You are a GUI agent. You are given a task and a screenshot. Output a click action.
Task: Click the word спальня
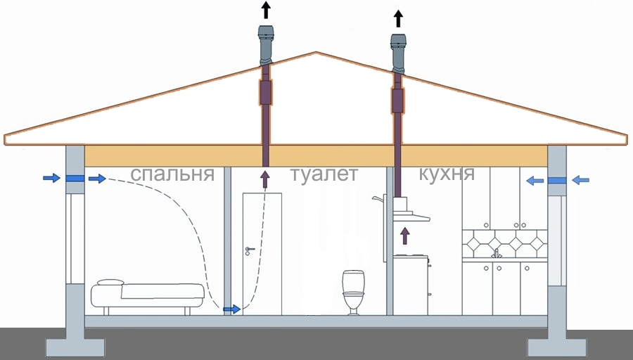(x=172, y=174)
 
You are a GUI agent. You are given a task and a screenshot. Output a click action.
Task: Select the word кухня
(x=446, y=174)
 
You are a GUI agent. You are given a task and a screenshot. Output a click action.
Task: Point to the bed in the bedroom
(x=147, y=295)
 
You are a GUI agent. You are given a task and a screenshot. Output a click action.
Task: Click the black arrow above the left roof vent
(x=266, y=11)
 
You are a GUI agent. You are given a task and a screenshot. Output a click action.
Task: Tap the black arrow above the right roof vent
(x=399, y=18)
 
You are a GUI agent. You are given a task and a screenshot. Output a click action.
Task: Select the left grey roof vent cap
(x=266, y=44)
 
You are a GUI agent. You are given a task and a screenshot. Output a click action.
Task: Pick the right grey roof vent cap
(x=399, y=51)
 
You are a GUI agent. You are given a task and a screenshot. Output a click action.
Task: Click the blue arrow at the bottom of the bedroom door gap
(x=231, y=309)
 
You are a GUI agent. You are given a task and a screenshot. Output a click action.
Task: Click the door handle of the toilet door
(x=248, y=250)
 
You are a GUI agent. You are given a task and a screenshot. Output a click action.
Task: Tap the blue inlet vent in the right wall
(x=557, y=181)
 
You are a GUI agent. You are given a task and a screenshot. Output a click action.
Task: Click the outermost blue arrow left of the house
(x=51, y=179)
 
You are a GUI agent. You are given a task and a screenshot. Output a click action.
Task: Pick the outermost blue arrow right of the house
(x=580, y=181)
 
